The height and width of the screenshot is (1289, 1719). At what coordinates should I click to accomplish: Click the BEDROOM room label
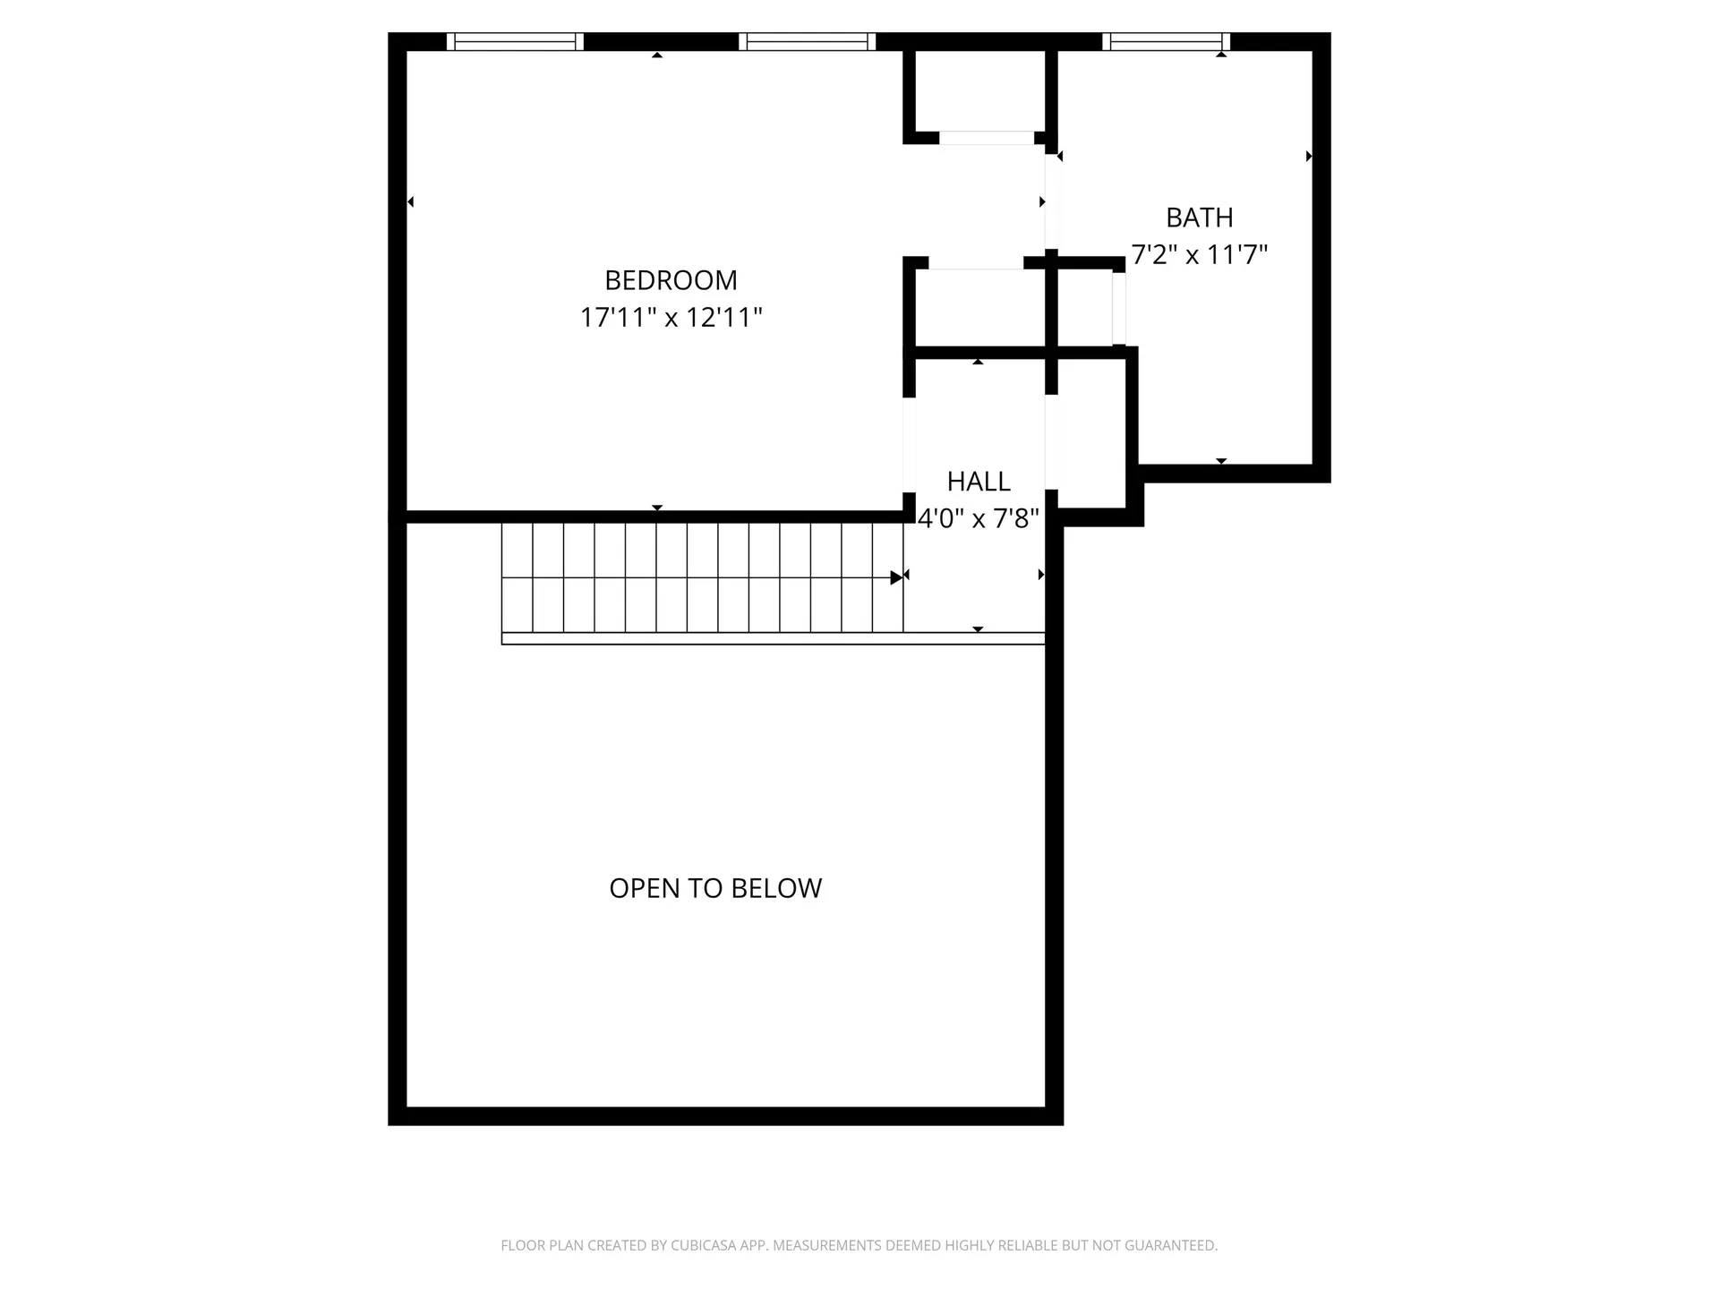(671, 280)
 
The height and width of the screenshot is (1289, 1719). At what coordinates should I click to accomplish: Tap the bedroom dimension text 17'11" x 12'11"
(671, 318)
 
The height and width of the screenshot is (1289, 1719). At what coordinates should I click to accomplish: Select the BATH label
(1199, 218)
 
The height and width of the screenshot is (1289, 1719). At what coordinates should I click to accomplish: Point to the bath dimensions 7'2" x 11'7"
(1199, 255)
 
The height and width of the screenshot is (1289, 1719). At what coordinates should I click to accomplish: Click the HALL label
(979, 482)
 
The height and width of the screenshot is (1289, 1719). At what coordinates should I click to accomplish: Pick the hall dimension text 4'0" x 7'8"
(979, 518)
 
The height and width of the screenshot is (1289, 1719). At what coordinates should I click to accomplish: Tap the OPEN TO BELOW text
(715, 888)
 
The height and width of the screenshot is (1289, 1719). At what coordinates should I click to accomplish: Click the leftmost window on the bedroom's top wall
(515, 41)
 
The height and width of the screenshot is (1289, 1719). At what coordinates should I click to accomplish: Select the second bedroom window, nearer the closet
(807, 41)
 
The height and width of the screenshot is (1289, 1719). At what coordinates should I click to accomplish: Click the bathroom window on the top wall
(1166, 41)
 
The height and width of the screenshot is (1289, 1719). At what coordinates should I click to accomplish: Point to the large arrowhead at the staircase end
(896, 577)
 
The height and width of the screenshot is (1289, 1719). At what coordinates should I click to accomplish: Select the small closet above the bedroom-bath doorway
(979, 91)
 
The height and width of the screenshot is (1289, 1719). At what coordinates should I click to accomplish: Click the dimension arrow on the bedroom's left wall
(411, 202)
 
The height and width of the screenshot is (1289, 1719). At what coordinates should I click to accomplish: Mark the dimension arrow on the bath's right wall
(1309, 157)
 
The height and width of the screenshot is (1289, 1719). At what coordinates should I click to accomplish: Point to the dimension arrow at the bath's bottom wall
(1221, 461)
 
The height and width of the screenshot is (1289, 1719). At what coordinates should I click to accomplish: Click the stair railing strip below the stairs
(773, 638)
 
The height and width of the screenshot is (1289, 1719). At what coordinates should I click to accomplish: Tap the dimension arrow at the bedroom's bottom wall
(657, 508)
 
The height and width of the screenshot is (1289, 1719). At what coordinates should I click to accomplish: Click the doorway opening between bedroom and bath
(1051, 202)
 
